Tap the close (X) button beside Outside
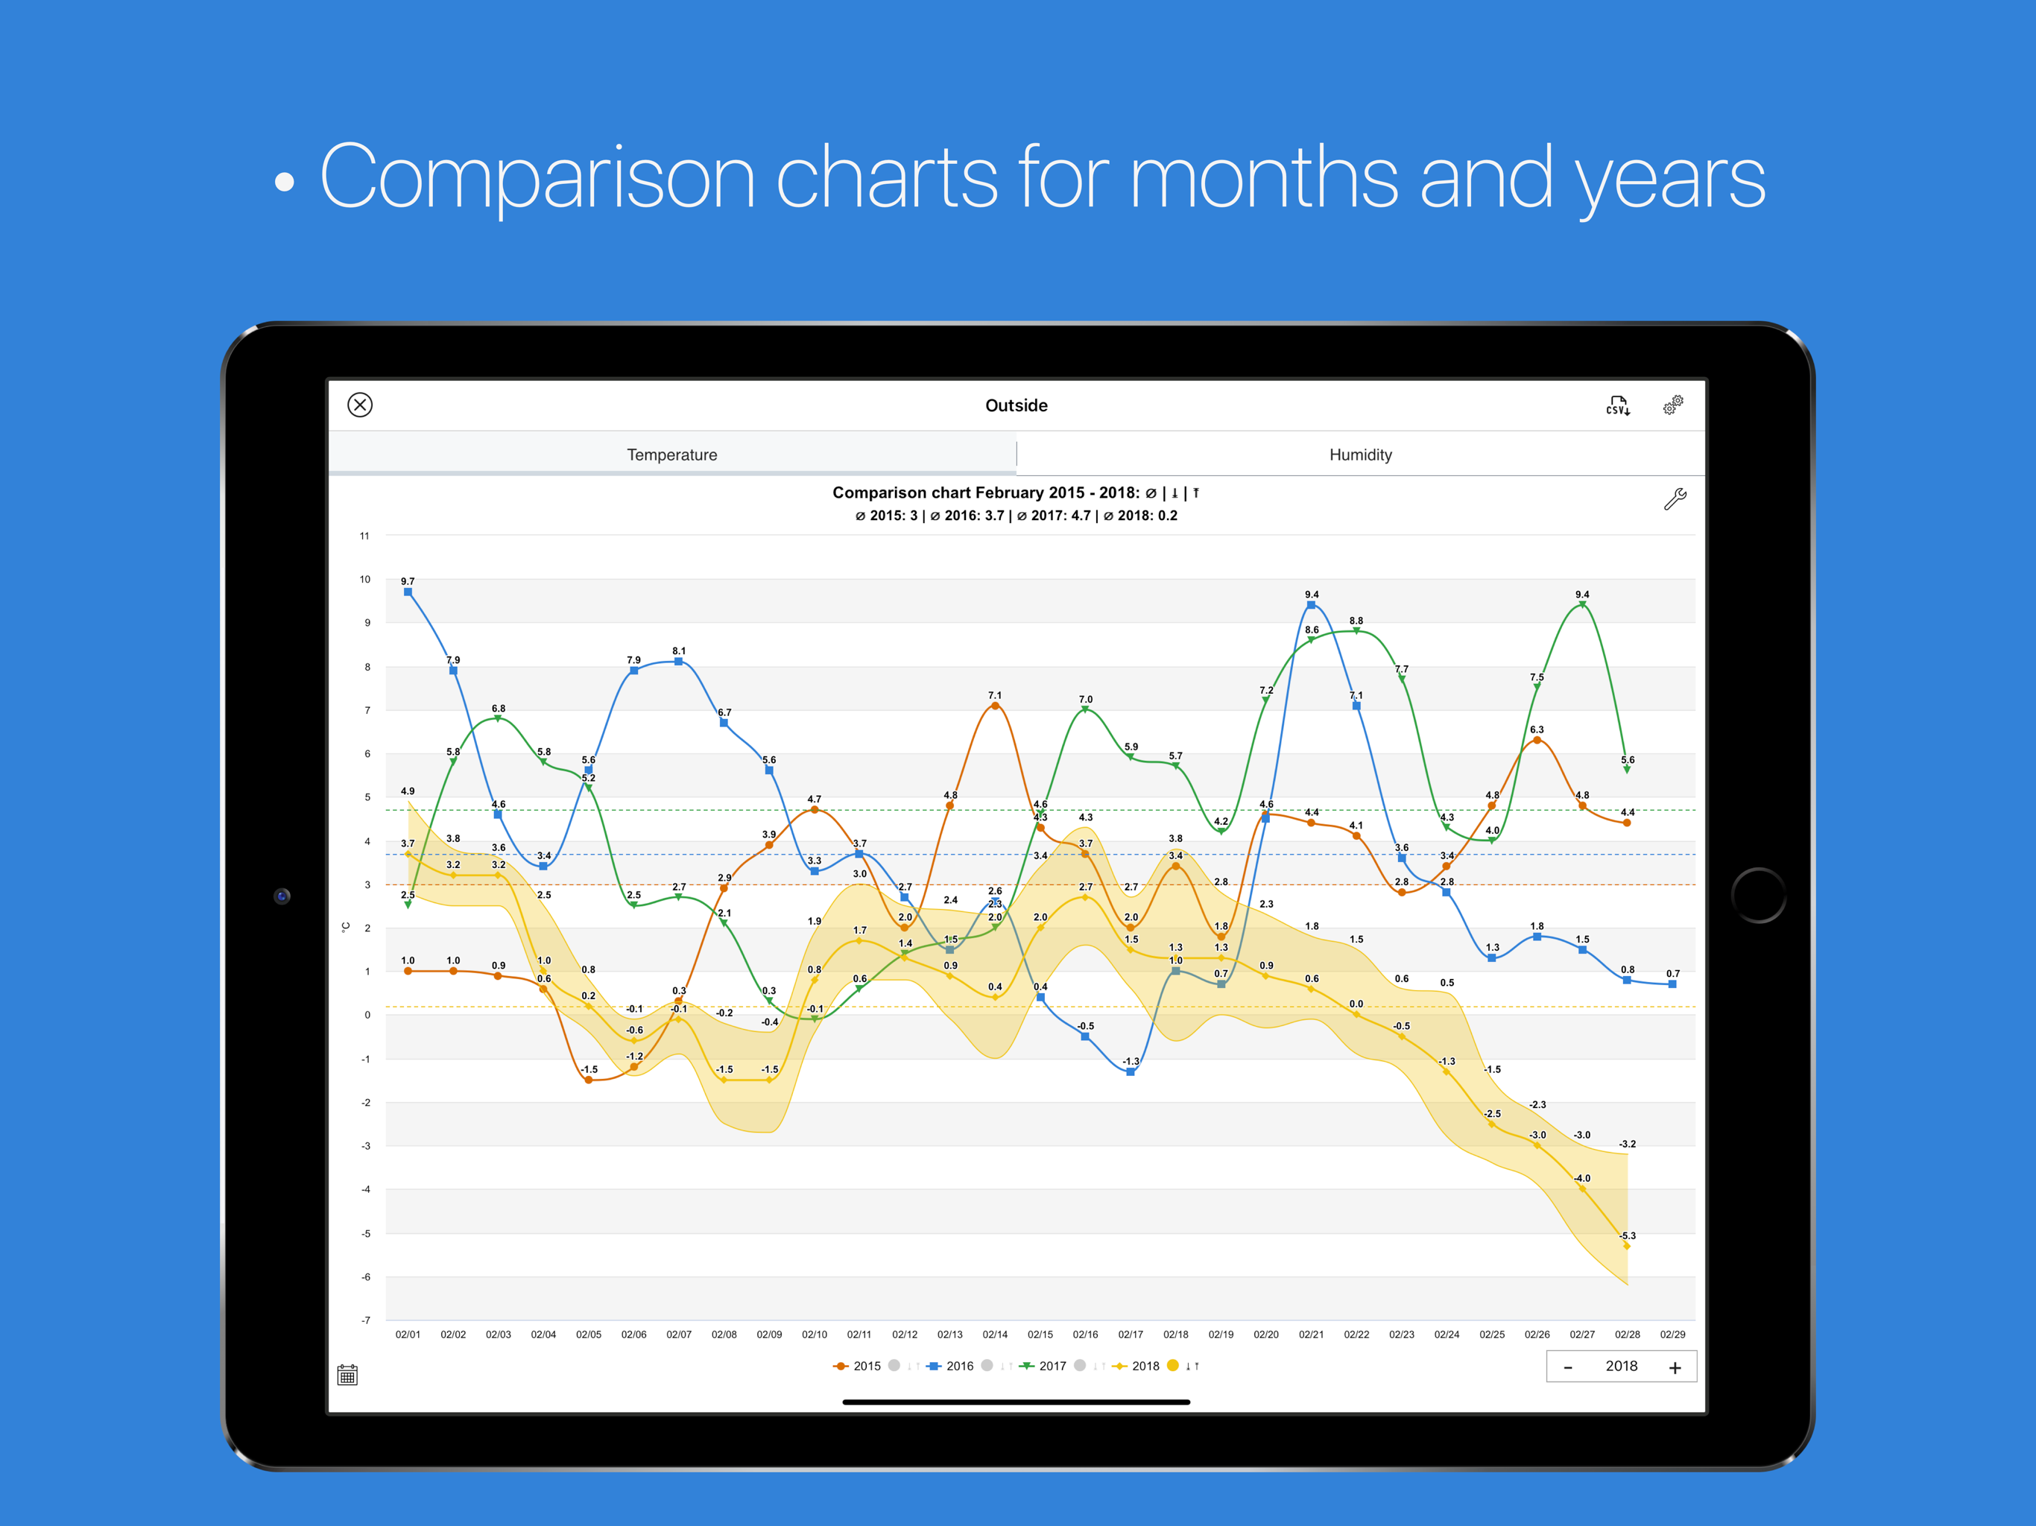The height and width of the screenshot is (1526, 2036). click(360, 405)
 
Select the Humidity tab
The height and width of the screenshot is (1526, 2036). click(1359, 455)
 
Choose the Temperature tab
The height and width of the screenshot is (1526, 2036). click(672, 455)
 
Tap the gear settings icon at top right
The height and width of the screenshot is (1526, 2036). click(1672, 405)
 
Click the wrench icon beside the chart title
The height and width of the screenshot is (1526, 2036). click(1675, 498)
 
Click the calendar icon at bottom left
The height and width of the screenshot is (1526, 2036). click(347, 1375)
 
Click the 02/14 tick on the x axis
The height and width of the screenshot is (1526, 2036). click(995, 1335)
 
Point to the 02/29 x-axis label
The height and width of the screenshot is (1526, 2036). click(1672, 1335)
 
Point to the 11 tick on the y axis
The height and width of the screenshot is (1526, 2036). click(364, 536)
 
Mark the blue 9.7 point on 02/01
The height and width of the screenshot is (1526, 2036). click(408, 592)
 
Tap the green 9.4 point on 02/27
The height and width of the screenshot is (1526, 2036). click(1582, 605)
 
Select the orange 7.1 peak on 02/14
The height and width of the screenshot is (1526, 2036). click(995, 706)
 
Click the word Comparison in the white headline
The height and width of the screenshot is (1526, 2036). click(537, 177)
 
